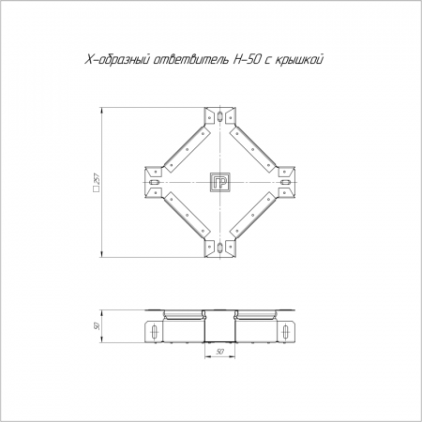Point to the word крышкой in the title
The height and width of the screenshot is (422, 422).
[x=298, y=59]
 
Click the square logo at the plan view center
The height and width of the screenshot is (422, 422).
[x=220, y=182]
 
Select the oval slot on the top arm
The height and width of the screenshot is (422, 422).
[x=220, y=116]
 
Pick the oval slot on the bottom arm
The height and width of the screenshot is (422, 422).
[x=220, y=248]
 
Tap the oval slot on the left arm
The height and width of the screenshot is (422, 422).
[x=155, y=182]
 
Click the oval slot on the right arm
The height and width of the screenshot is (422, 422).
[x=286, y=182]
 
